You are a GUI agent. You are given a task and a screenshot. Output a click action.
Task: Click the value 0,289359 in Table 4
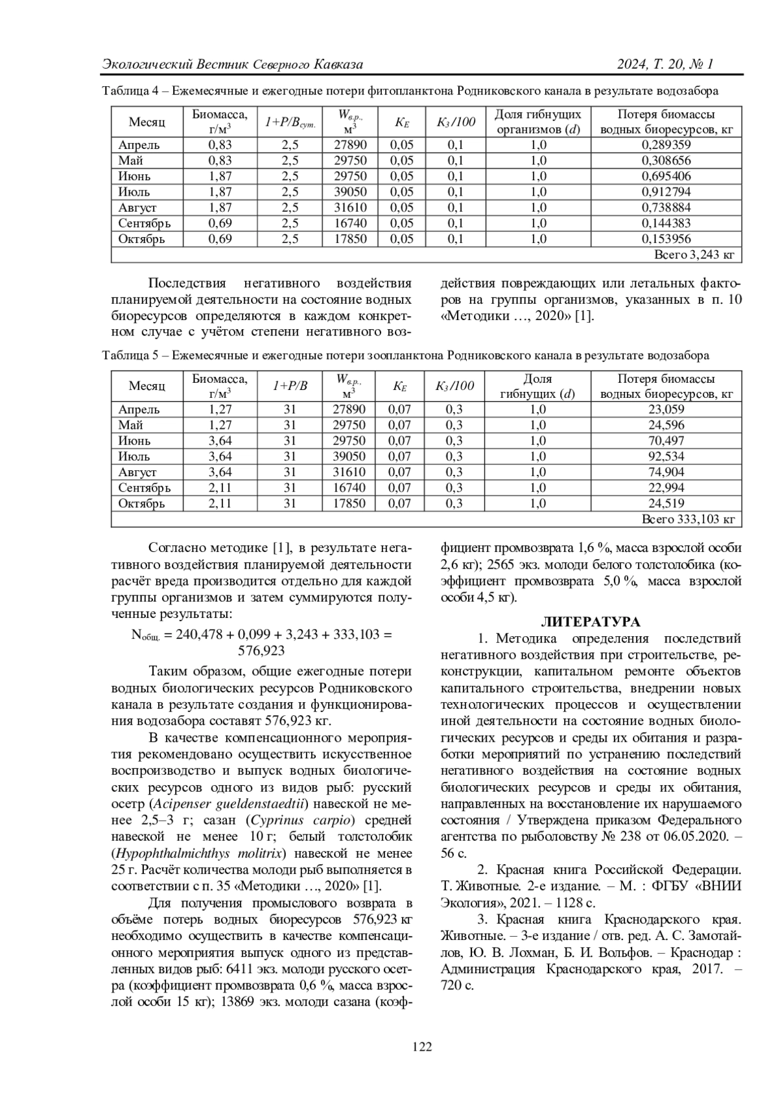pos(666,145)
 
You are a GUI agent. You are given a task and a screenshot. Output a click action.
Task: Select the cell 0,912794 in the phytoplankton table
pos(666,192)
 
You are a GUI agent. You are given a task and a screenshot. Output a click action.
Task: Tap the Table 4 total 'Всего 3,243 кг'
pos(694,255)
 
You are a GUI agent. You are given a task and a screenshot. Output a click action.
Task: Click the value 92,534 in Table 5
pos(666,457)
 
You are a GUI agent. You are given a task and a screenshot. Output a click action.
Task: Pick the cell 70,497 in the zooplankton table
pos(666,441)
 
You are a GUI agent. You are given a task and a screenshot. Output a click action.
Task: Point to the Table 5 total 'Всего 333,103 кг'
pos(687,520)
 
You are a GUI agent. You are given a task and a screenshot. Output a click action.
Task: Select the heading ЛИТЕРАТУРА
pos(591,623)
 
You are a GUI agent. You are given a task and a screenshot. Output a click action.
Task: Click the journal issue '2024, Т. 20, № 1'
pos(665,64)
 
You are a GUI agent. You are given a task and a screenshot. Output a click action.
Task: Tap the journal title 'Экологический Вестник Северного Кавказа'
pos(233,64)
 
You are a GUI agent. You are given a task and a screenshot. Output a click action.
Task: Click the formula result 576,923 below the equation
pos(261,650)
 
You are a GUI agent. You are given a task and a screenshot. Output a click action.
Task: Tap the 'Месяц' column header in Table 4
pos(147,122)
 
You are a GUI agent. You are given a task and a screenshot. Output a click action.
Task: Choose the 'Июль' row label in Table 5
pos(134,457)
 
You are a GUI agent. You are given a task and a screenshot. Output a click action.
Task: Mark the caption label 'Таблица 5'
pos(130,356)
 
